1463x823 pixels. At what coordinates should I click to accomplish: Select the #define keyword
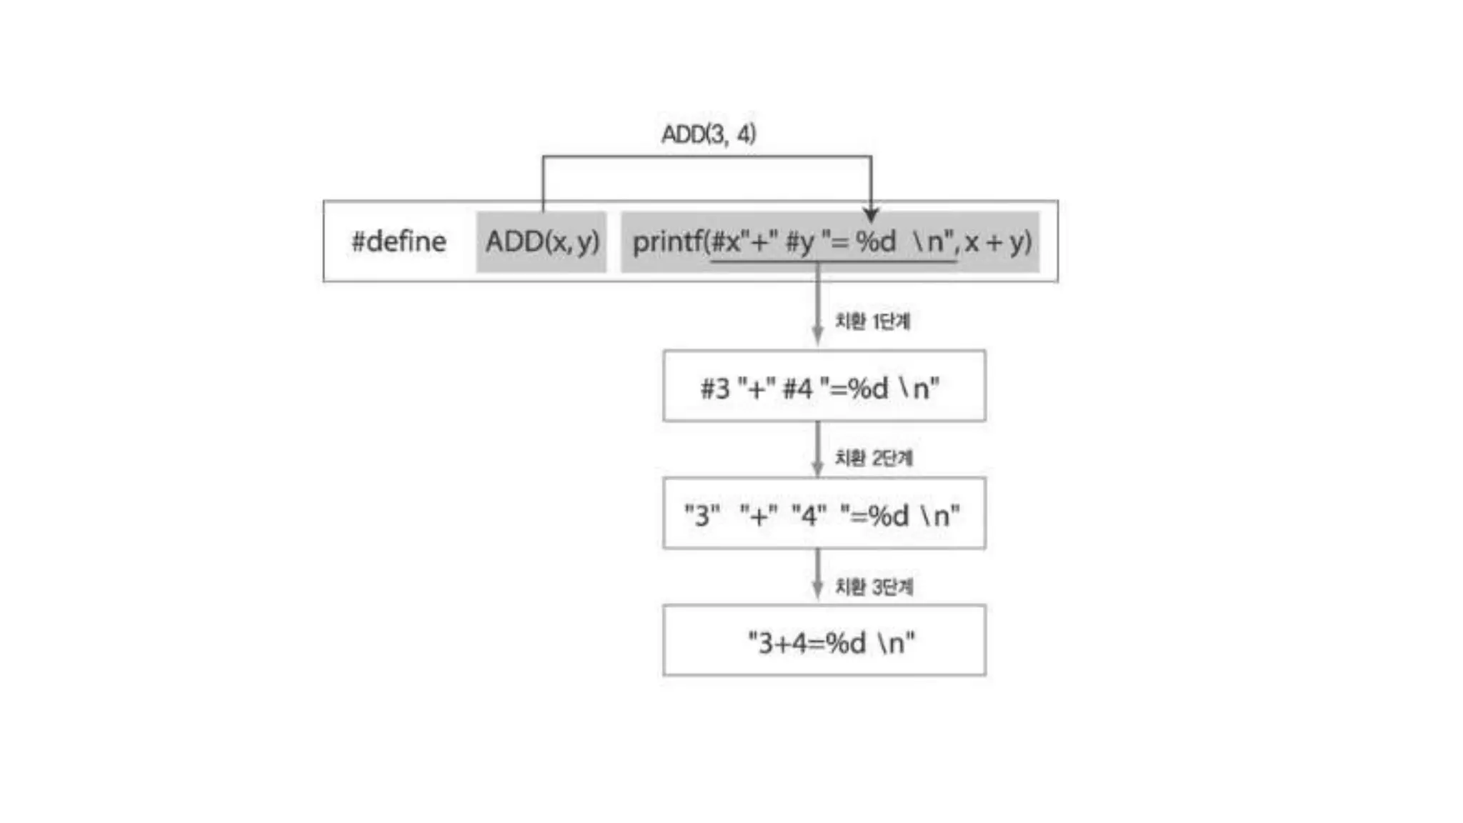click(x=399, y=241)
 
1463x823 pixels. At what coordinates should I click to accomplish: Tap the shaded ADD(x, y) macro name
click(x=541, y=241)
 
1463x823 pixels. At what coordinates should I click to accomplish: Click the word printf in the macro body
click(x=667, y=241)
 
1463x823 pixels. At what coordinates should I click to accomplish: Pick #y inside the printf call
click(x=800, y=241)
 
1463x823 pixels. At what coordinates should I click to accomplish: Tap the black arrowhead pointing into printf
click(x=870, y=214)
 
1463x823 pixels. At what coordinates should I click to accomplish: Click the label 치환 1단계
click(x=872, y=321)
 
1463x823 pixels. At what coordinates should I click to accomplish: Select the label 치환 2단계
click(x=874, y=457)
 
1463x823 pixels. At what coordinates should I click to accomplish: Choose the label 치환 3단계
click(x=874, y=587)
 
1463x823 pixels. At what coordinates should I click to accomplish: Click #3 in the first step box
click(x=715, y=389)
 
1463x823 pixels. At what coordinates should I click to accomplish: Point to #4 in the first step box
click(x=798, y=389)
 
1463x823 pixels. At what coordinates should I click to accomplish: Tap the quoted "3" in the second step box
click(x=702, y=514)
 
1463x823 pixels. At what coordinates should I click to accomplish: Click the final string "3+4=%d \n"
click(x=831, y=642)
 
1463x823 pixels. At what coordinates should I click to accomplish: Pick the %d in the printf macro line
click(x=876, y=241)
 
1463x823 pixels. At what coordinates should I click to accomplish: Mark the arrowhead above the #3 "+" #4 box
click(x=818, y=336)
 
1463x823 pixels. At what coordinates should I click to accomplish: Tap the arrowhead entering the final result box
click(x=818, y=591)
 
